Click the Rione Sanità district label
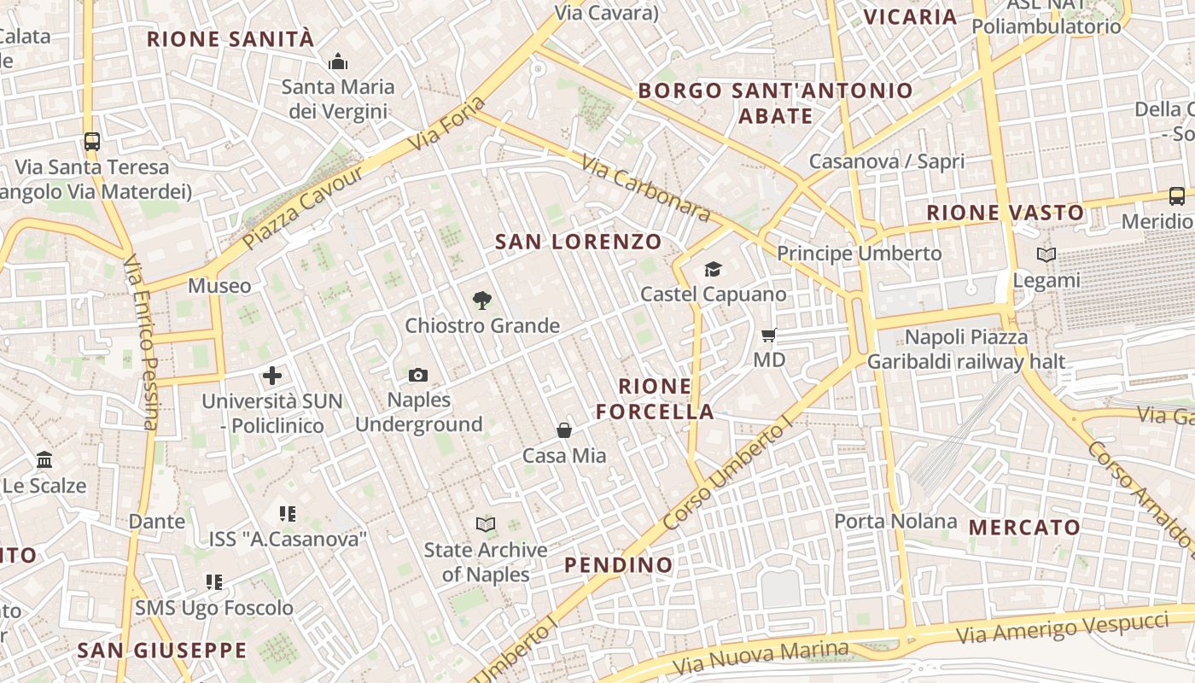[230, 38]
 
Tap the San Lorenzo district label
[579, 242]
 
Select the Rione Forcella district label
[655, 399]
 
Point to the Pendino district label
[619, 564]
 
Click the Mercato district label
[1025, 527]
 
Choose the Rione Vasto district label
[1006, 213]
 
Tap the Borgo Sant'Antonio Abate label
[775, 102]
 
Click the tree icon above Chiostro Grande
[482, 300]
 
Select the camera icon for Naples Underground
[418, 375]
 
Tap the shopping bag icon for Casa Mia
[564, 430]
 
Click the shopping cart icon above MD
[769, 335]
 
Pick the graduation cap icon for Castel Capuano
[713, 270]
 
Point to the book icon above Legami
[1046, 254]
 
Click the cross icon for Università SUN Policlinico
[272, 376]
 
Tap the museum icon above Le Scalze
[44, 461]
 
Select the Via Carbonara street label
[645, 188]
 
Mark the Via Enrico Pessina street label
[142, 341]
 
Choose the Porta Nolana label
[895, 521]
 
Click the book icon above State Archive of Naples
[486, 524]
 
